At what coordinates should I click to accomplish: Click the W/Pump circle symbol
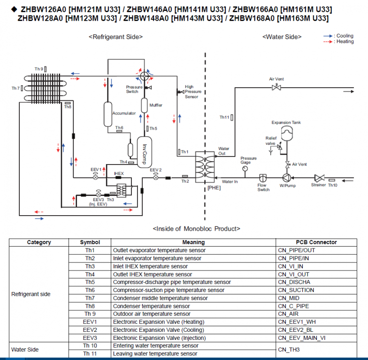[x=286, y=178]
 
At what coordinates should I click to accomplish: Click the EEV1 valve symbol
[x=95, y=178]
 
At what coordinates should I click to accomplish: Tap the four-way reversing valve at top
[x=144, y=75]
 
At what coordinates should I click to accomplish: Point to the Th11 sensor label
[x=224, y=117]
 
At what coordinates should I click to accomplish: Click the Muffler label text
[x=156, y=105]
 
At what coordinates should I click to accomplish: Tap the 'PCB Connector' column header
[x=316, y=242]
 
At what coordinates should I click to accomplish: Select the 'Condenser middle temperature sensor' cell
[x=160, y=298]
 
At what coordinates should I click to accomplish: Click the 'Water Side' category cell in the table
[x=25, y=350]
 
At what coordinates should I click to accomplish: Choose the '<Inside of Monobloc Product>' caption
[x=196, y=229]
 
